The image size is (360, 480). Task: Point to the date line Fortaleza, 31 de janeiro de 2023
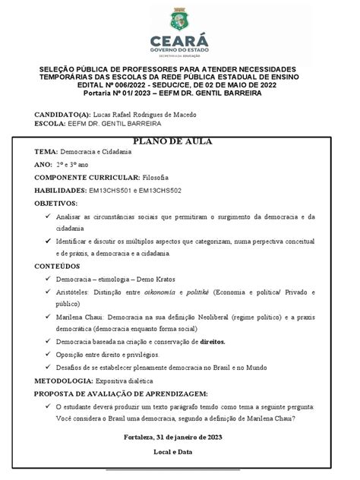click(179, 437)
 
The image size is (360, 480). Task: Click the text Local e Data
click(179, 452)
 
